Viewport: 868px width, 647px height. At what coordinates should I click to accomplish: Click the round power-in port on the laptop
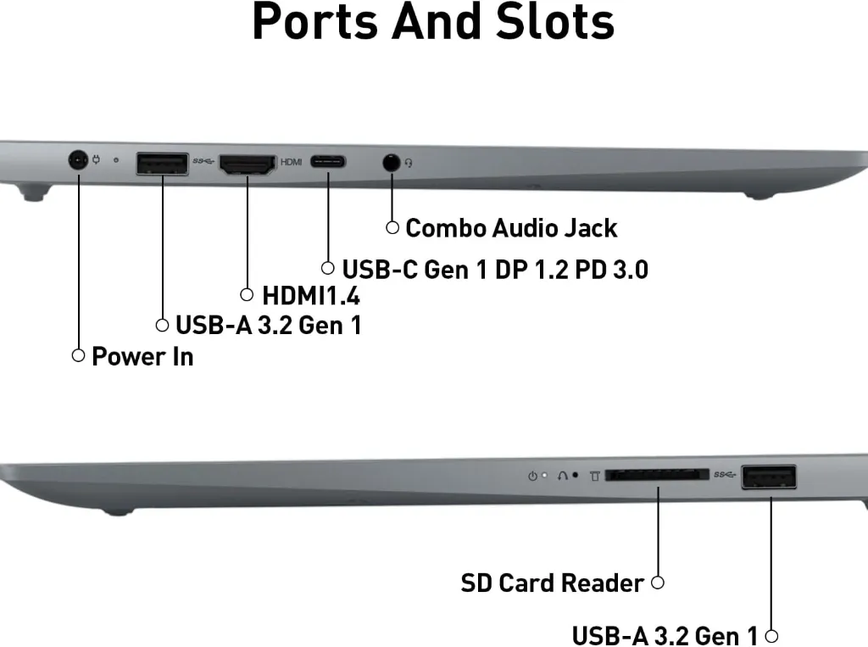click(x=78, y=160)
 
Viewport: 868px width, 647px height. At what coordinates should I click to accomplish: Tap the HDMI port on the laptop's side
click(x=248, y=165)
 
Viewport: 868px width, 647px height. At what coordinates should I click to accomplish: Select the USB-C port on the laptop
click(x=328, y=162)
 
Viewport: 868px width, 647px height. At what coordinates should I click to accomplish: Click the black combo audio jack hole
click(x=392, y=163)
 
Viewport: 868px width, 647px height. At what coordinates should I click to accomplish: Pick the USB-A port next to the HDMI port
click(x=162, y=164)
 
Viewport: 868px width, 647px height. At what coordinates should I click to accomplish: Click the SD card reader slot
click(x=657, y=475)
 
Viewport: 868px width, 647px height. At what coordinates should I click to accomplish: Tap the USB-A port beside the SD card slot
click(x=769, y=477)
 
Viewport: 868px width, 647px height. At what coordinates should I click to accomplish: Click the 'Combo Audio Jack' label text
click(x=511, y=228)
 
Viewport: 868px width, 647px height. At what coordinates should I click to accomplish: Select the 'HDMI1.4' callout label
click(x=311, y=296)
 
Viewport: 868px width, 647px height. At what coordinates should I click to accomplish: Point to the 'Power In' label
click(x=142, y=356)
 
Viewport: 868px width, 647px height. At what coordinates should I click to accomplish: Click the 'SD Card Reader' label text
click(x=552, y=583)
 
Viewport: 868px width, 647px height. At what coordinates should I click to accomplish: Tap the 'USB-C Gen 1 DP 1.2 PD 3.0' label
click(x=495, y=270)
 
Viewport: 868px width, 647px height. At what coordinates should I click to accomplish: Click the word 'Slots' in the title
click(x=554, y=21)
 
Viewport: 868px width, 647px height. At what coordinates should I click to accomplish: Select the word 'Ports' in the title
click(x=316, y=21)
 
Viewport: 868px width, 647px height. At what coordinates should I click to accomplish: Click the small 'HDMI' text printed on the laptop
click(x=292, y=162)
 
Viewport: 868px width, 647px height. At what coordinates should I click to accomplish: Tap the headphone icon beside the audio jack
click(x=409, y=163)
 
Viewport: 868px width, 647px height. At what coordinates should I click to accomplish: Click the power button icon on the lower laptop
click(x=532, y=476)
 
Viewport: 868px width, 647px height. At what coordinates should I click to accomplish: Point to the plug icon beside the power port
click(x=97, y=160)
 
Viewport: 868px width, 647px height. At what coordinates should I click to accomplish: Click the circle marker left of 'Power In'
click(x=79, y=355)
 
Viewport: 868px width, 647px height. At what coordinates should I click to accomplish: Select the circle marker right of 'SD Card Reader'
click(x=658, y=583)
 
